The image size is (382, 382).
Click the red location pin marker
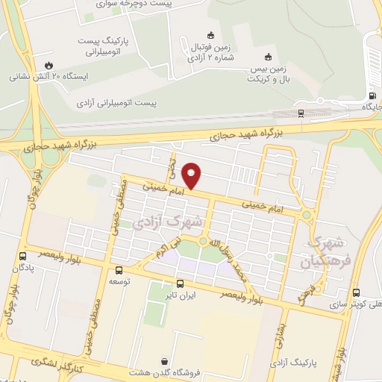click(192, 175)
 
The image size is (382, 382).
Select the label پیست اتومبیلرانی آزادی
click(122, 101)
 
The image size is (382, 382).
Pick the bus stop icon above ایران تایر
click(179, 284)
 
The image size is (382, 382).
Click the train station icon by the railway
click(301, 113)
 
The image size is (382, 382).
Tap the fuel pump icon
click(372, 95)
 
